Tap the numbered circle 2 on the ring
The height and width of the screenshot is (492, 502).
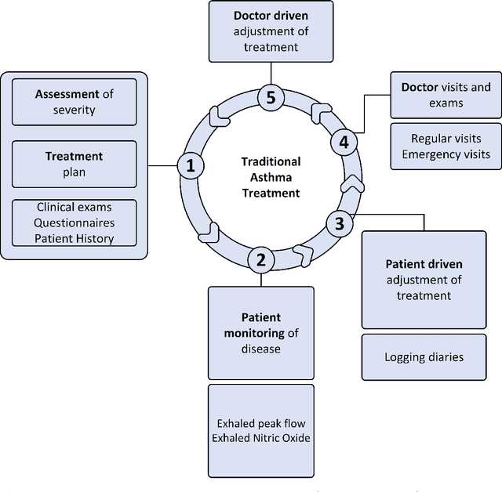(261, 259)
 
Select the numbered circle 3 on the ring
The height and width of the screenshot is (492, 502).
(339, 224)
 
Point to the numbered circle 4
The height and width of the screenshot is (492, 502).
(343, 142)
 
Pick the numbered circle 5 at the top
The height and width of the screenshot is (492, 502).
(271, 98)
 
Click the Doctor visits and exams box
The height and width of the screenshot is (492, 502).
(446, 95)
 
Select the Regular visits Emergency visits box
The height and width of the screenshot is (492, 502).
(446, 146)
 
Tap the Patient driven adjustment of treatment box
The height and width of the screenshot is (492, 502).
(424, 280)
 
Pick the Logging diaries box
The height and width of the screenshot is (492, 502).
(424, 357)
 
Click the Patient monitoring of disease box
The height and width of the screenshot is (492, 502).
(260, 333)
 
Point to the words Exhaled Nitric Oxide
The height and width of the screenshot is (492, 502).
(260, 438)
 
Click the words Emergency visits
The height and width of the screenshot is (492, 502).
(446, 154)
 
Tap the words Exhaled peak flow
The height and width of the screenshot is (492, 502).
(260, 422)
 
